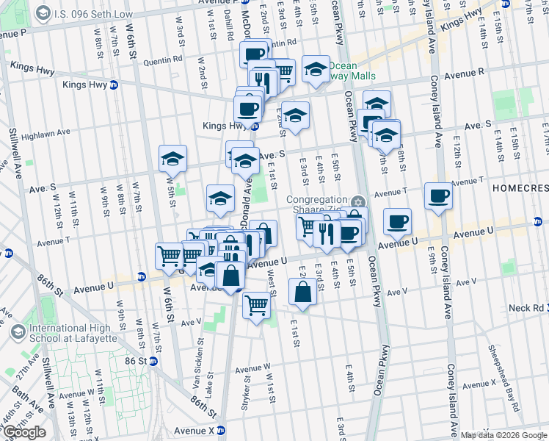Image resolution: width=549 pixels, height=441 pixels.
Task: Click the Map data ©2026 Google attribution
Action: tap(503, 435)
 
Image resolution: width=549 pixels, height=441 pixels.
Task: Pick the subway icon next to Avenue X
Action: tap(229, 431)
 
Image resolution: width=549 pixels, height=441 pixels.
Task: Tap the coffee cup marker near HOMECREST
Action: tap(438, 196)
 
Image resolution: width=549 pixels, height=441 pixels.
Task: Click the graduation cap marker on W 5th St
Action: tap(172, 158)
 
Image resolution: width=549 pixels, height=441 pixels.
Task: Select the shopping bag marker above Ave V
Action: tap(302, 292)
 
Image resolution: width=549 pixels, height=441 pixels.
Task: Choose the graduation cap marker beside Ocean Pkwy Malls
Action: tap(316, 69)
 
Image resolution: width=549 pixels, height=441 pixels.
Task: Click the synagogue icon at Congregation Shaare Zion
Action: tap(357, 202)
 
